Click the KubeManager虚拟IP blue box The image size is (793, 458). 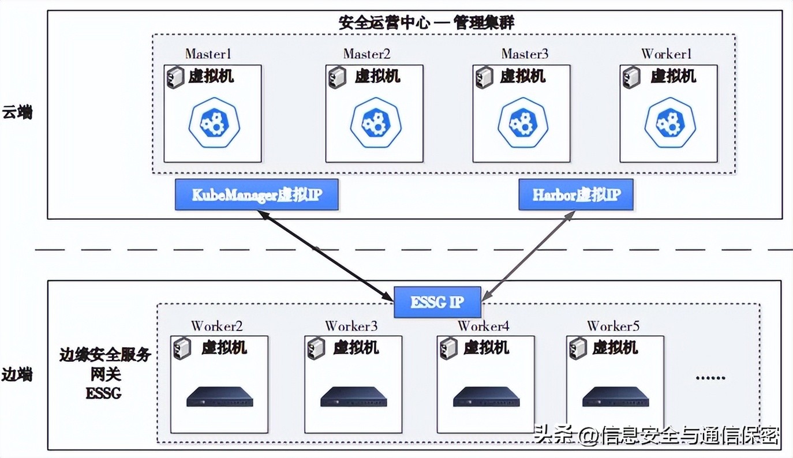coord(256,195)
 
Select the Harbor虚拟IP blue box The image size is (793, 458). coord(575,195)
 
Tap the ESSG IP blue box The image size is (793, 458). coord(437,302)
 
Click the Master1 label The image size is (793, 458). coord(208,54)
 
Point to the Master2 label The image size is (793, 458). coord(367,54)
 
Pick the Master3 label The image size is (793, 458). coord(525,54)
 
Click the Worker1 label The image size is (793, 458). coord(667,54)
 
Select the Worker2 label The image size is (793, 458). coord(217,326)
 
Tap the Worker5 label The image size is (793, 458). coord(613,326)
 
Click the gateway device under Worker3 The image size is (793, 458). coord(353,397)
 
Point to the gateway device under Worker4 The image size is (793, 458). coord(486,397)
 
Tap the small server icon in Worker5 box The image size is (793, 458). coord(578,348)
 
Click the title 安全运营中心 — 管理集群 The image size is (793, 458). coord(425,23)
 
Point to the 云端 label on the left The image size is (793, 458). coord(17,112)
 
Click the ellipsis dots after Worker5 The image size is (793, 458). coord(710,378)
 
